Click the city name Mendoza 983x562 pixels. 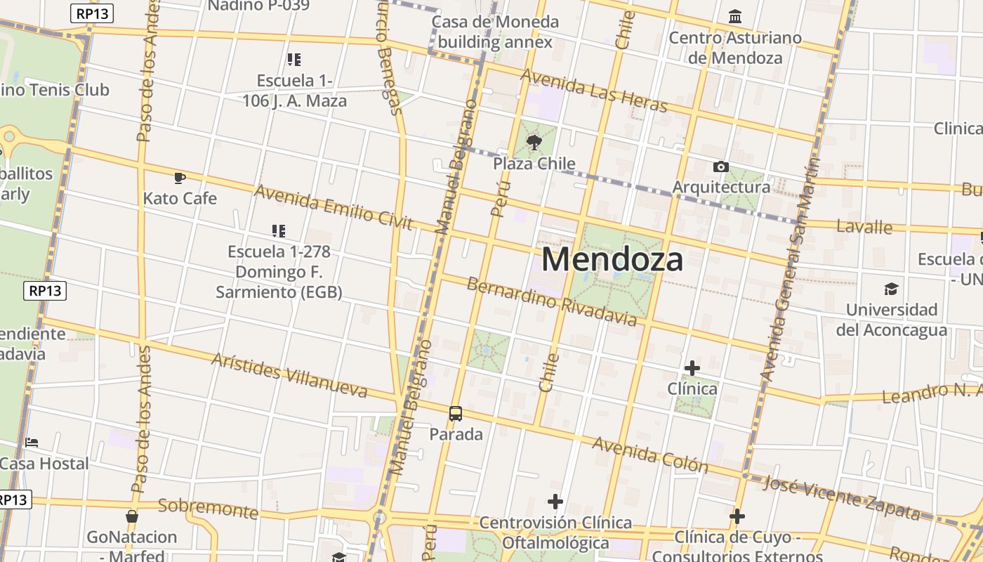[612, 259]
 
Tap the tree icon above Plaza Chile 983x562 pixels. [534, 143]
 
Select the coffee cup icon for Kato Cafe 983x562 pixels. [180, 178]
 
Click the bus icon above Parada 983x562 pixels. [456, 413]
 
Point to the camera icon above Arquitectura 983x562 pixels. [720, 166]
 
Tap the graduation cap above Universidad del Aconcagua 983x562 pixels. [891, 289]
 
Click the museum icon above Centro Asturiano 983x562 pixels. [735, 16]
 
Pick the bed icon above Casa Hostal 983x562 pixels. [32, 443]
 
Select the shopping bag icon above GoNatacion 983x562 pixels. [131, 516]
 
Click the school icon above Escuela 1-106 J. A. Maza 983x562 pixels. [294, 60]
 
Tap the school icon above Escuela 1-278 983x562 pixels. [279, 230]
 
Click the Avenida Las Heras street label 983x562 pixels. [593, 90]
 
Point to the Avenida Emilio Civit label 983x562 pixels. [334, 207]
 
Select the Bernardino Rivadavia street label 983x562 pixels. [551, 301]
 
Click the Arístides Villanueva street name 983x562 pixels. [289, 375]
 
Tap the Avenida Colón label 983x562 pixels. [650, 454]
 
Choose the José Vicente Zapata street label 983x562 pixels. [840, 498]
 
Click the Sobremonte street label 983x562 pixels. [208, 508]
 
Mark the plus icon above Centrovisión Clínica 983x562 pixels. [555, 502]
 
